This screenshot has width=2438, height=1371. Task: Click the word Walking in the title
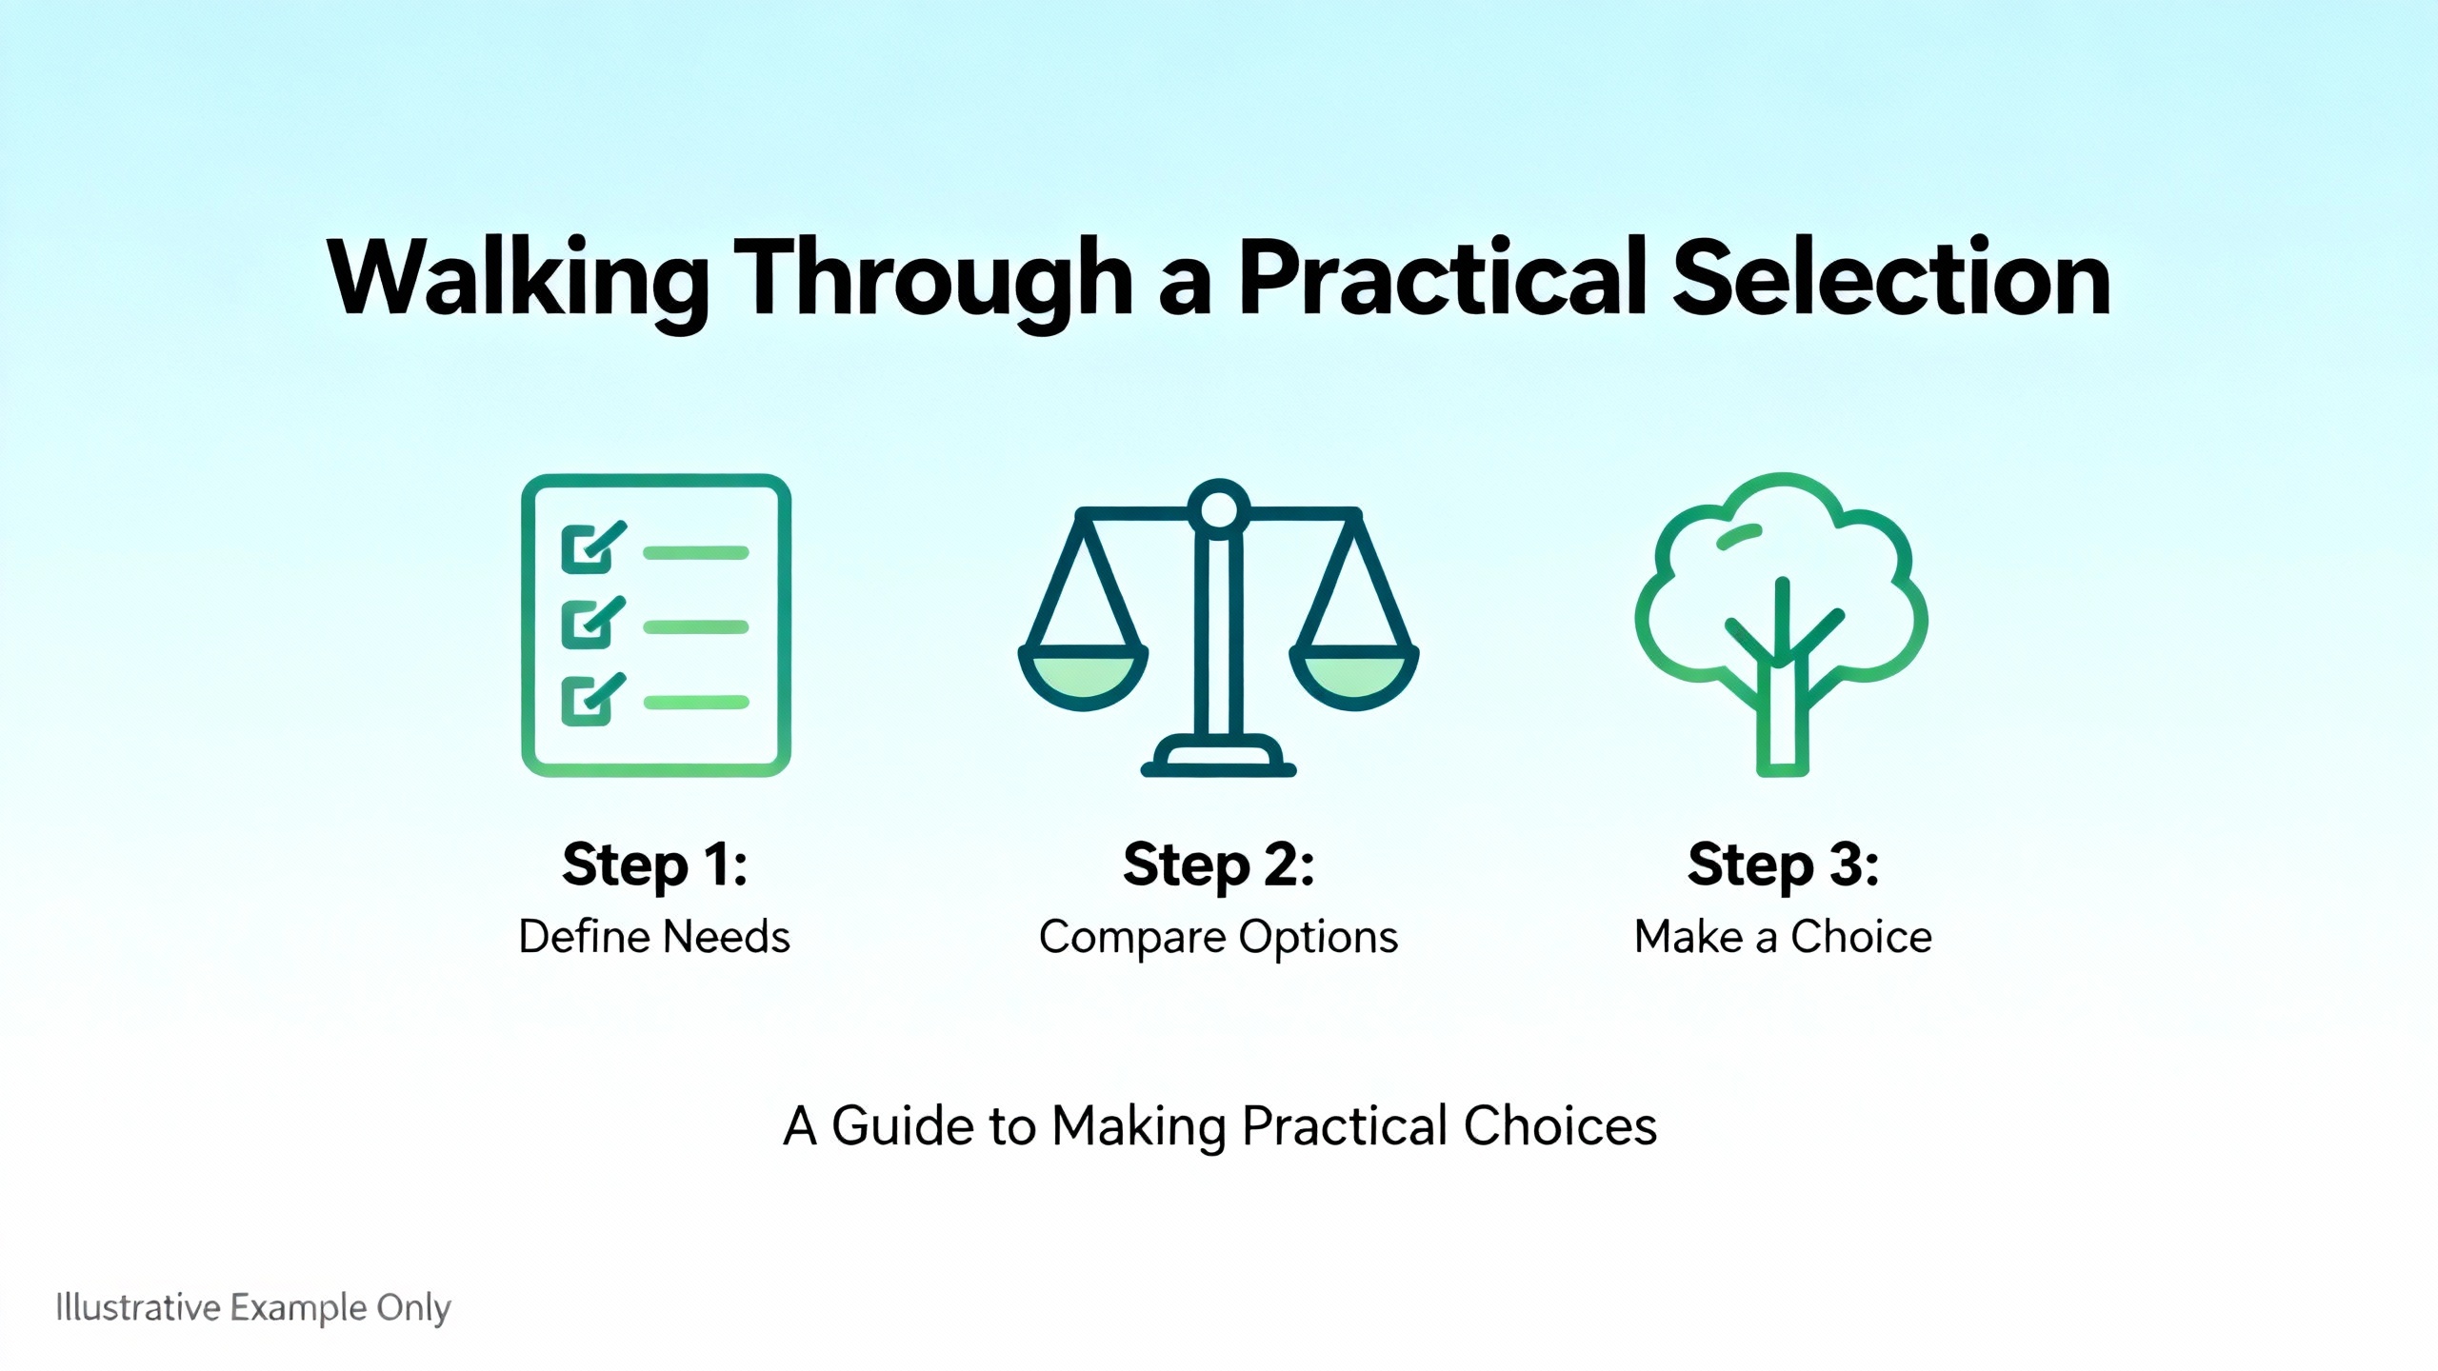(518, 278)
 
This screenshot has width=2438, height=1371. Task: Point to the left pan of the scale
(1083, 677)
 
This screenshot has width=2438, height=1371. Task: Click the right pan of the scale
(1353, 677)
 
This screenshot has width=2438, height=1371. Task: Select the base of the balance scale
(1219, 756)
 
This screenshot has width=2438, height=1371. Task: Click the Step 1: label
(655, 865)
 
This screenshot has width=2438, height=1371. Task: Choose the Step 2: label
(1219, 865)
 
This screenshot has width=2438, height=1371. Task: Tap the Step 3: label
(1784, 865)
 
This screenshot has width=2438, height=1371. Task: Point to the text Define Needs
(654, 937)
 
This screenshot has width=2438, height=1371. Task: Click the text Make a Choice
(1784, 937)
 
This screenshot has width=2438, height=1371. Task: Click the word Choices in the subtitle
(1560, 1125)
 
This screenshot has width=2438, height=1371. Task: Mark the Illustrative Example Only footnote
(253, 1308)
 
